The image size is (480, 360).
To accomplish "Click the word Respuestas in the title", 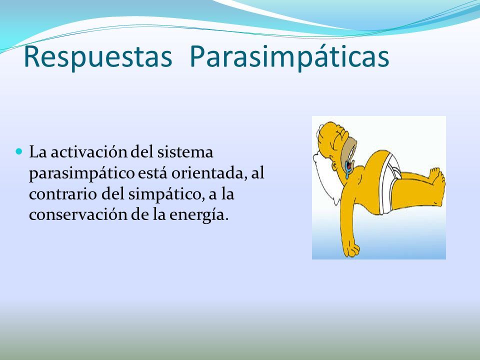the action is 98,57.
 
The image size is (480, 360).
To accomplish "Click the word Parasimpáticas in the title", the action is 289,57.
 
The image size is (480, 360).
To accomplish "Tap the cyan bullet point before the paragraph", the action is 19,151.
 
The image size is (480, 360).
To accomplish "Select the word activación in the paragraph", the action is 89,152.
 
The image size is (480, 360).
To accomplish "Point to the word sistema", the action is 185,152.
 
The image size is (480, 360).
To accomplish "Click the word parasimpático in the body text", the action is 81,173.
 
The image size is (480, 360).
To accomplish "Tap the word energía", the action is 199,215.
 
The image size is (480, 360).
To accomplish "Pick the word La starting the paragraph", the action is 37,152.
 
